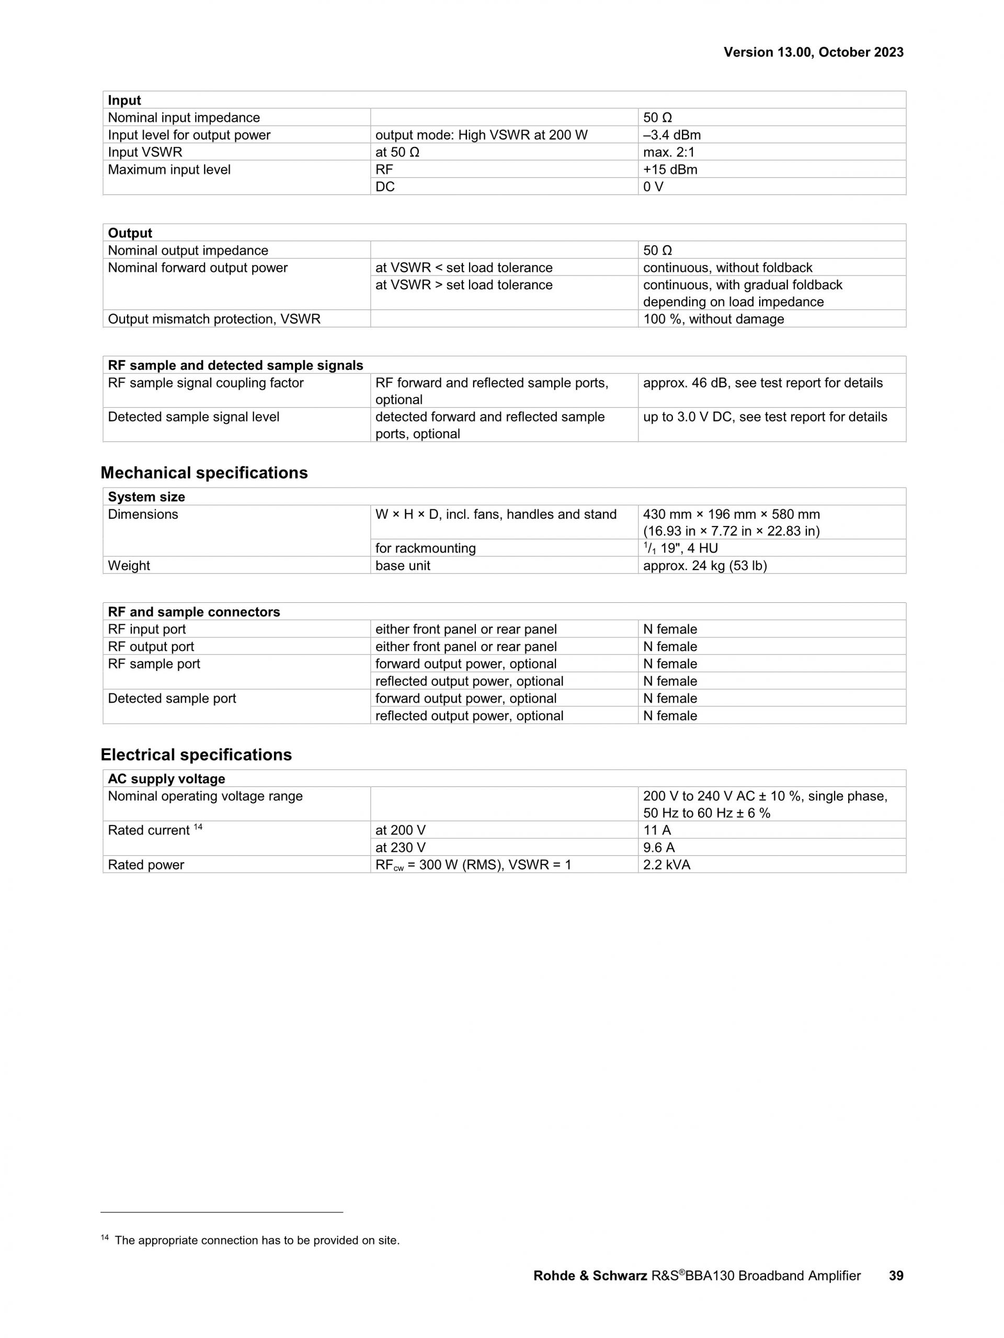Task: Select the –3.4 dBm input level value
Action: point(671,135)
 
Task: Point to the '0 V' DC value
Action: point(653,187)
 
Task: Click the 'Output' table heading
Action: point(130,233)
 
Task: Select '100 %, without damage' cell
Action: point(713,319)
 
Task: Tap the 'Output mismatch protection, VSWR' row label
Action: point(214,319)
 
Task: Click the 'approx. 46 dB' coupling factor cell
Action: point(762,383)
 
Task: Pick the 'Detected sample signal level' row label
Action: point(193,417)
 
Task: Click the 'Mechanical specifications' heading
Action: point(204,473)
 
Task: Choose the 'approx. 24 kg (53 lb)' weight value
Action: point(704,566)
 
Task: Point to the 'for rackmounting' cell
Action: point(425,548)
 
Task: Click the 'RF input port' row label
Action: point(147,629)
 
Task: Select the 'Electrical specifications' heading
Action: point(196,754)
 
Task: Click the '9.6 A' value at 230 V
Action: point(659,848)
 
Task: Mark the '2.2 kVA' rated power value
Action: point(667,864)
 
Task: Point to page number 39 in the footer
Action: point(896,1276)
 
